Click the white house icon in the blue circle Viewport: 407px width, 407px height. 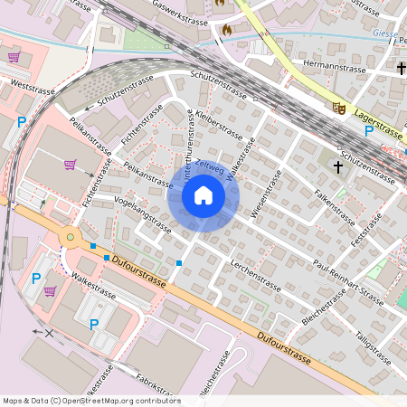coord(203,195)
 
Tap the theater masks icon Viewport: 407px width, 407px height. coord(340,107)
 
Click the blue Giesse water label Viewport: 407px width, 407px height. coord(384,33)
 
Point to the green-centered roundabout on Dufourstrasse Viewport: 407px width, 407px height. coord(69,238)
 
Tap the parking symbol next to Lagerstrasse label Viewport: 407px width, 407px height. coord(369,131)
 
